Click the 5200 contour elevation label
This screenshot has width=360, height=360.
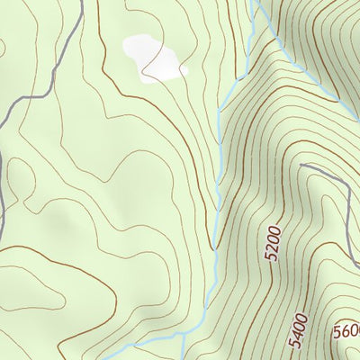click(x=274, y=244)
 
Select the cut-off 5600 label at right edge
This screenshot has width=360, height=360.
click(x=346, y=331)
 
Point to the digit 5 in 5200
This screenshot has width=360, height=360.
click(x=270, y=256)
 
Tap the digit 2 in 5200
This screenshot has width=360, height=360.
click(x=272, y=248)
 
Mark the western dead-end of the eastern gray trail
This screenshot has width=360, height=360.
click(x=300, y=166)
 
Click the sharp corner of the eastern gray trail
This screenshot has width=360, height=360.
click(x=346, y=179)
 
